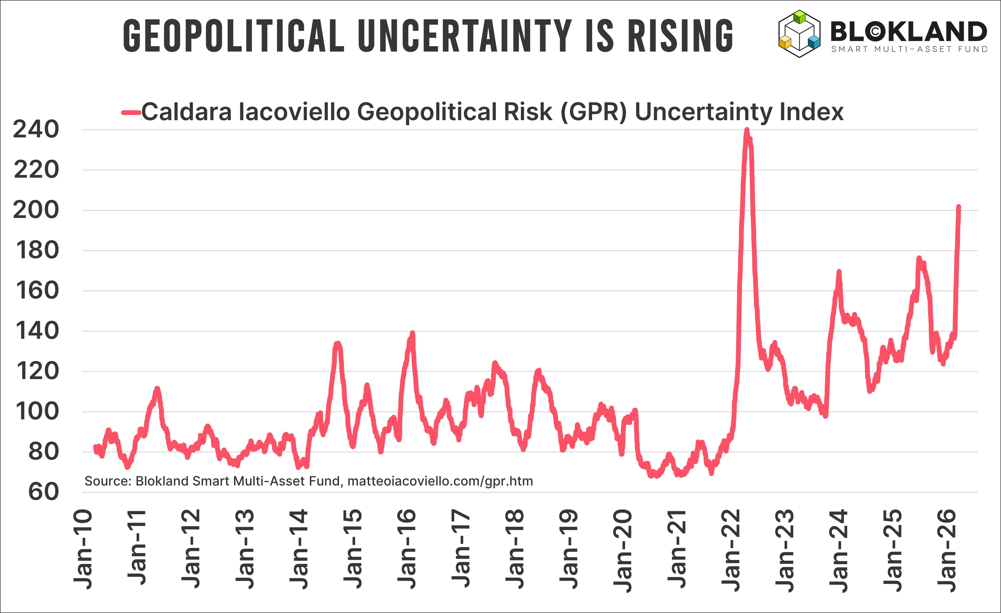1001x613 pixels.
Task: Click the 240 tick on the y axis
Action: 36,130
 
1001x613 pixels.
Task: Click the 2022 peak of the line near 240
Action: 747,130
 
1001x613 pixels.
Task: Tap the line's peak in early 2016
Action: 413,333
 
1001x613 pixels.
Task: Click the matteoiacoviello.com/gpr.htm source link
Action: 440,481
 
